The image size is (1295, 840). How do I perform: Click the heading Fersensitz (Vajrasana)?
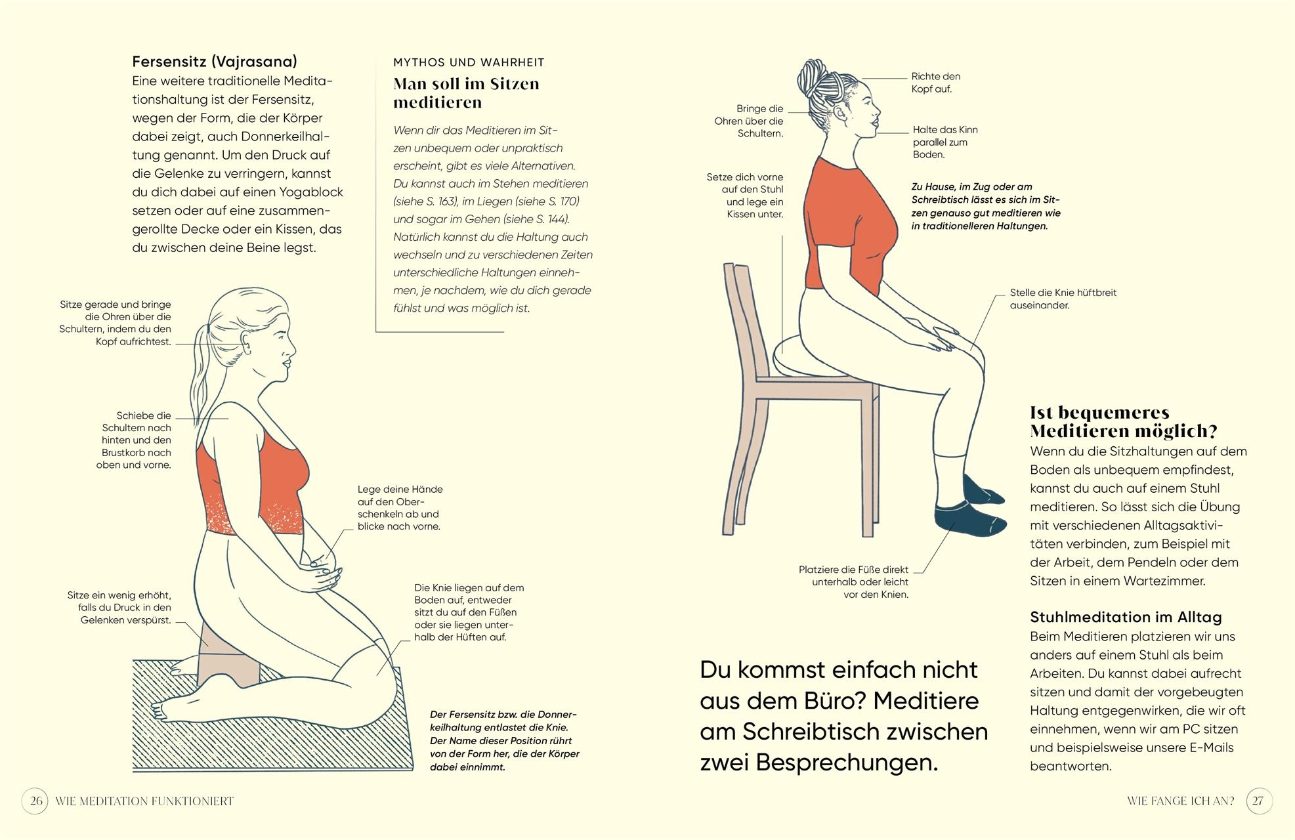215,62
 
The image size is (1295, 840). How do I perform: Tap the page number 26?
35,801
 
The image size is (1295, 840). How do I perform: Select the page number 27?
1258,801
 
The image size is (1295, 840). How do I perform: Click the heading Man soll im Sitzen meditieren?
466,93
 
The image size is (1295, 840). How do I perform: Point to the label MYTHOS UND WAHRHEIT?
469,62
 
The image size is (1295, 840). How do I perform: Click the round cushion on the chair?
797,358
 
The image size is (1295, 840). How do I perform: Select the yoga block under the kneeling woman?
226,663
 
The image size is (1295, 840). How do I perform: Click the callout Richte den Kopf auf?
935,83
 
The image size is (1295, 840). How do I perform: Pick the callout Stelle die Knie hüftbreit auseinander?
1062,299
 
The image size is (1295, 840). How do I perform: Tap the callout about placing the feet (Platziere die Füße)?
853,582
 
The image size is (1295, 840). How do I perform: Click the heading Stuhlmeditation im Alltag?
1125,618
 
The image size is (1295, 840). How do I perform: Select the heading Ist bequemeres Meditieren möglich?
1123,422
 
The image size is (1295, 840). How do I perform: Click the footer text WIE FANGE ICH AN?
1180,801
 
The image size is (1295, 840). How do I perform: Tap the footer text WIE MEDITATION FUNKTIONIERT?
144,801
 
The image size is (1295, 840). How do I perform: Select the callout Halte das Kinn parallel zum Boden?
944,142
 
